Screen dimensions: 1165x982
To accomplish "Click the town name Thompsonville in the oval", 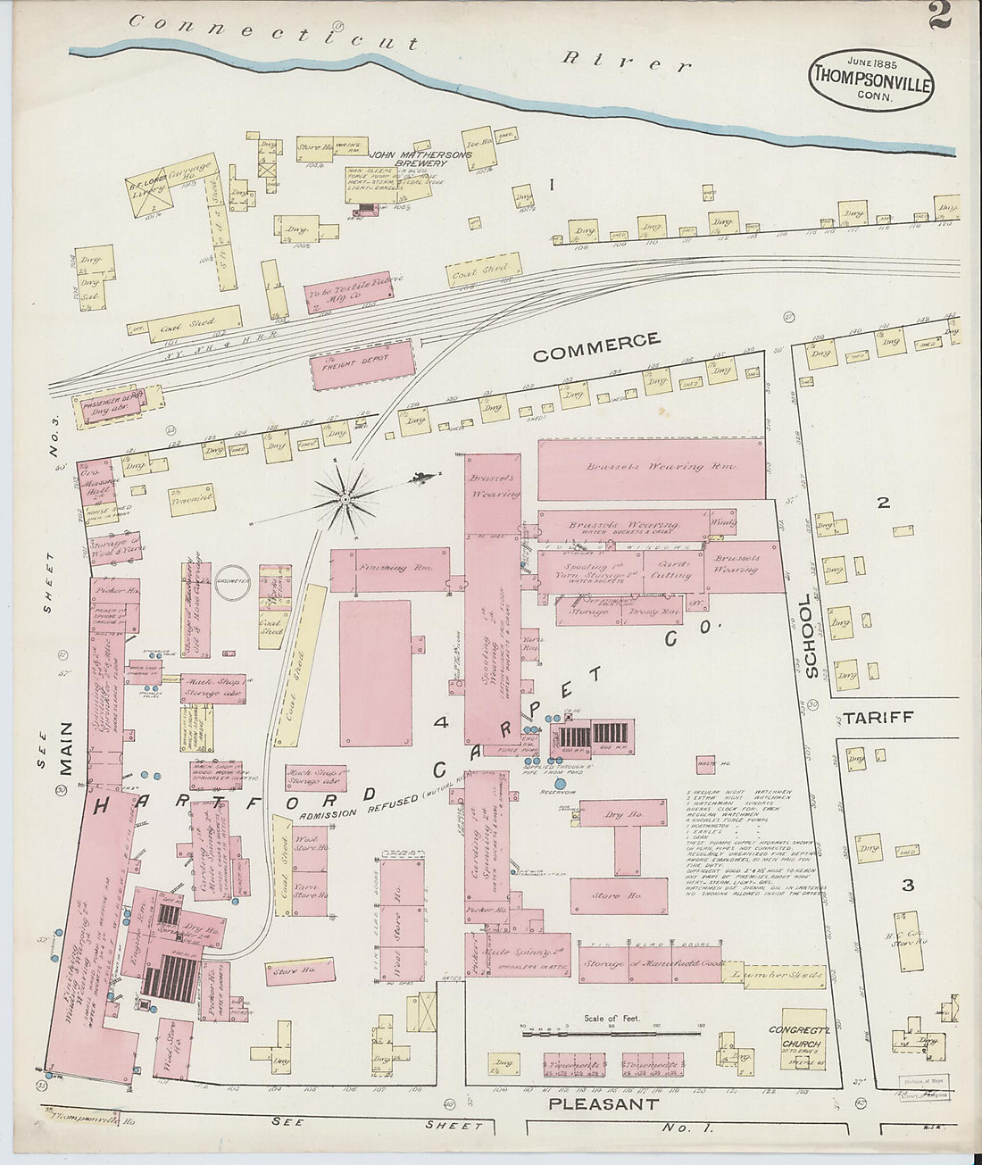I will coord(871,79).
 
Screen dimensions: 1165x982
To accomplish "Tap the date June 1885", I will coord(871,62).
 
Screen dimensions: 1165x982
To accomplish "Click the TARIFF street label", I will coord(879,718).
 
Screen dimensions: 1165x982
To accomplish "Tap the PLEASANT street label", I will coord(603,1104).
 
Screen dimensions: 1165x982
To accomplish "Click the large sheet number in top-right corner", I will coord(940,16).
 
